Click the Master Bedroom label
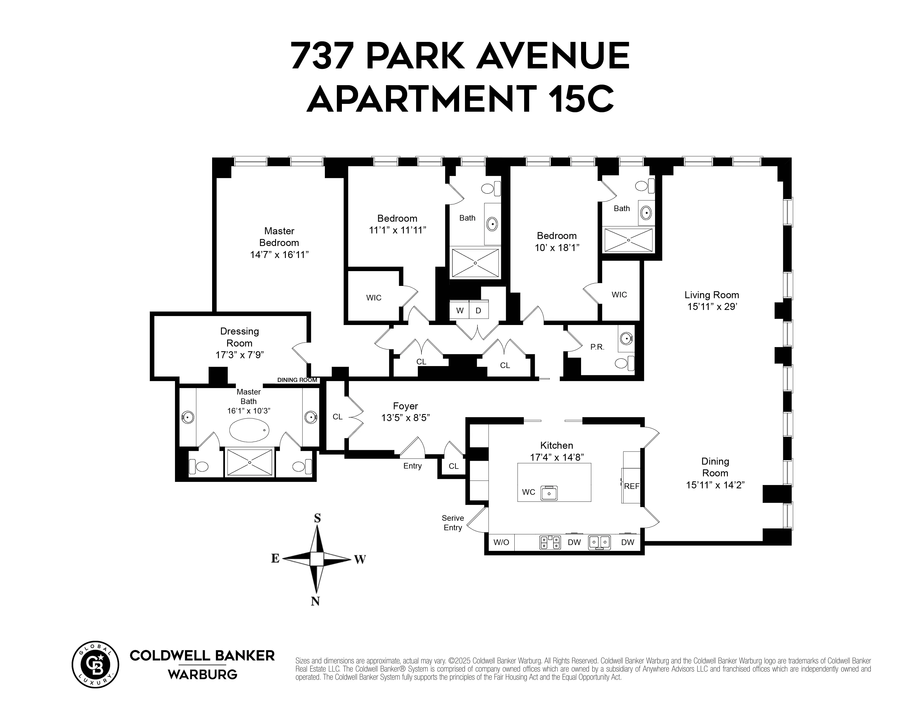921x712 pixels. [x=279, y=236]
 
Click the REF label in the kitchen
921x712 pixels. [x=631, y=486]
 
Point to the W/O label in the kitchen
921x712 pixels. [x=502, y=543]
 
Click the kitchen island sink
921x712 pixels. [x=549, y=493]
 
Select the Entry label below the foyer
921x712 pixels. [x=412, y=466]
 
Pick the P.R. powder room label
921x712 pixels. [x=597, y=347]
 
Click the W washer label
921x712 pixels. [x=460, y=311]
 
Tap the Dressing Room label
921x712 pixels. [x=239, y=337]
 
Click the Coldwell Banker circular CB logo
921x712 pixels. [x=96, y=665]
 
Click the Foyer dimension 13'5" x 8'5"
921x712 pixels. [x=405, y=418]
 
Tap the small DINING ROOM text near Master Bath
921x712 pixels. [x=297, y=380]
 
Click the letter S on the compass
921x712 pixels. [x=318, y=518]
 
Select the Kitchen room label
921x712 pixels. [x=557, y=445]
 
